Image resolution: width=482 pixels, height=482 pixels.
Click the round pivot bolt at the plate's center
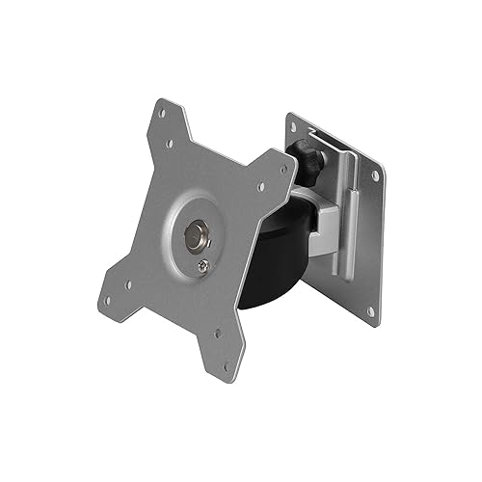pos(199,234)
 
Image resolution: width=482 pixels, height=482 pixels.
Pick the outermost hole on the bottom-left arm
pos(110,285)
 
